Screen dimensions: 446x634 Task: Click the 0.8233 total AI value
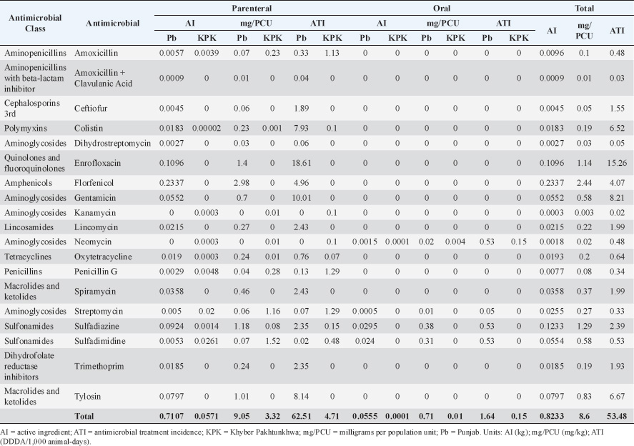[553, 415]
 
